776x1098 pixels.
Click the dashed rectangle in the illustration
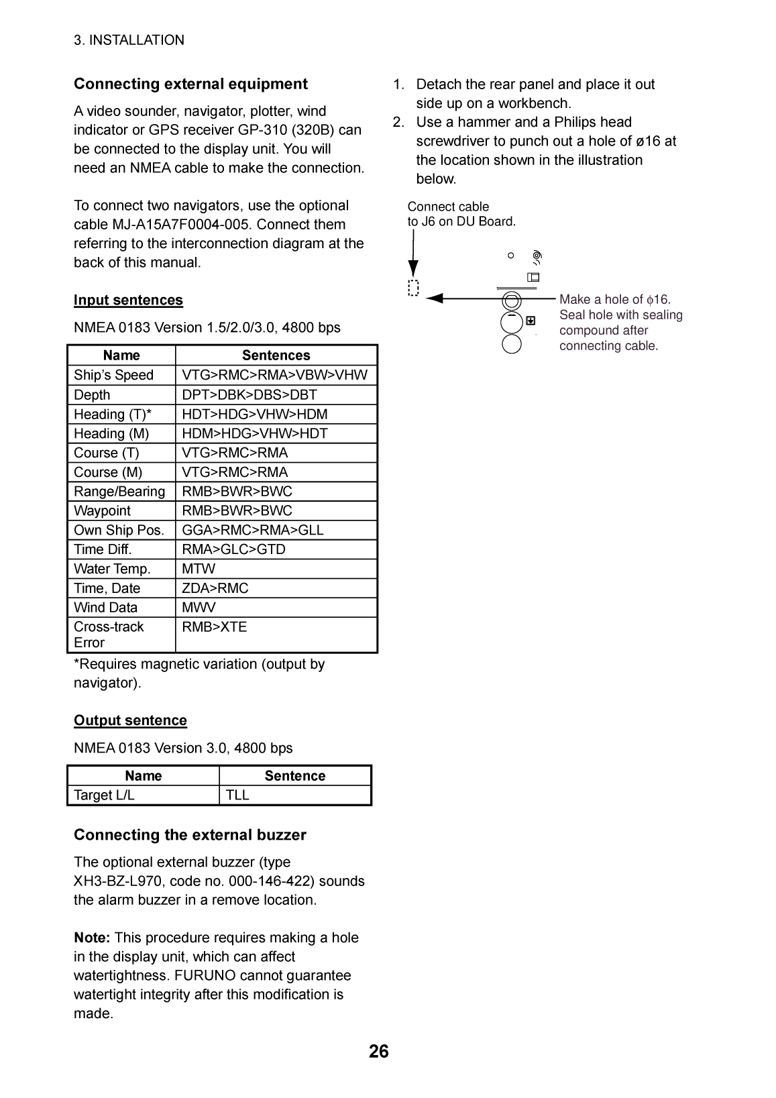tap(413, 288)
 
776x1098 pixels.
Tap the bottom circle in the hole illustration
tap(512, 343)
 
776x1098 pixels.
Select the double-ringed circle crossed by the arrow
tap(512, 300)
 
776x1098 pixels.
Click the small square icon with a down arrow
tap(531, 321)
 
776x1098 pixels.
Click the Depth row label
tap(92, 395)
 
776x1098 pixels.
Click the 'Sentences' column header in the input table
tap(276, 355)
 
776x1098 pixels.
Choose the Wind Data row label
tap(105, 608)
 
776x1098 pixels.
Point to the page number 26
tap(379, 1051)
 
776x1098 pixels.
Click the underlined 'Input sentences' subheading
tap(128, 300)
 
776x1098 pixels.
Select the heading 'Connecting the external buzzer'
tap(190, 834)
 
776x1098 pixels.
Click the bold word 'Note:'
tap(92, 938)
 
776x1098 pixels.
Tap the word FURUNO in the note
tap(214, 975)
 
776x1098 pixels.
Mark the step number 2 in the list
tap(399, 122)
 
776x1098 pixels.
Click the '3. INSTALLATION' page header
tap(129, 40)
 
